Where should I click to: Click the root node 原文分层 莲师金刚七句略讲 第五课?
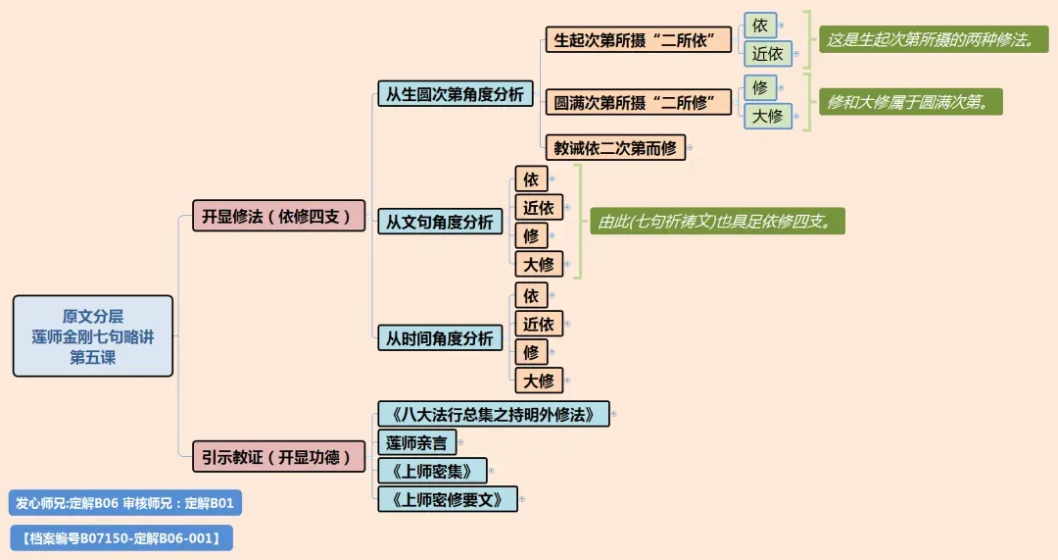93,335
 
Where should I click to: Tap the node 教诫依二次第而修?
615,148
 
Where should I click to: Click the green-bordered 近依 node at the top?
767,54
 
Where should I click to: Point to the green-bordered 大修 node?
767,116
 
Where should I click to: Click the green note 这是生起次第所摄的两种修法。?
931,40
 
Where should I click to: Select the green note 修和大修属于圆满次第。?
910,101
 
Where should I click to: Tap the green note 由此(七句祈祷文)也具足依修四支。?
716,221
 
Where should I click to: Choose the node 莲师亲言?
416,442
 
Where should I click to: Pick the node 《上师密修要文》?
447,499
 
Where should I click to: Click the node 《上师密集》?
431,471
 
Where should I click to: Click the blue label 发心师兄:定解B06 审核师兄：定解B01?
124,503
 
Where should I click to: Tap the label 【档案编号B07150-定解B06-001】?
121,537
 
